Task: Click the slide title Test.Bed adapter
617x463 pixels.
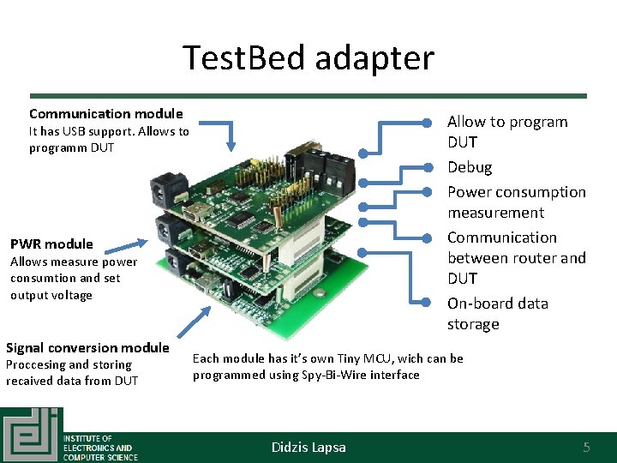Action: (x=308, y=58)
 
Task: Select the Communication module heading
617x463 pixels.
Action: (x=105, y=113)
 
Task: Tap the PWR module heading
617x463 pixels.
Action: (x=51, y=244)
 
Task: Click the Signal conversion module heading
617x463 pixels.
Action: (x=87, y=347)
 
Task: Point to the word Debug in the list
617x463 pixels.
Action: (x=470, y=167)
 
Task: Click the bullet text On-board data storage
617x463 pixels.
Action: (x=497, y=314)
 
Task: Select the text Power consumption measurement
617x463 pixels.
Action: (x=516, y=202)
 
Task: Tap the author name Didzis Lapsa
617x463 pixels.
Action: (x=308, y=447)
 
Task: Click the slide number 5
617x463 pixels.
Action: (x=586, y=447)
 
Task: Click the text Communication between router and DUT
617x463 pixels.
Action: (x=516, y=258)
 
